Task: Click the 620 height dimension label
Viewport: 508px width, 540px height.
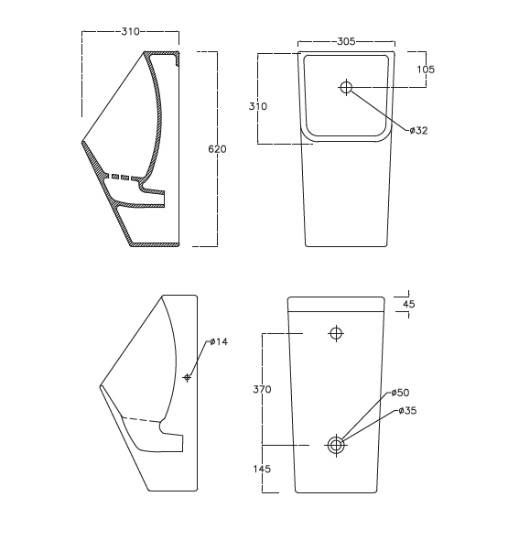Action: point(217,148)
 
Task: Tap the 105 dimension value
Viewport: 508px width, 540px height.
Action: point(426,70)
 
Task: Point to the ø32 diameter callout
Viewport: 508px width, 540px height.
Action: point(418,131)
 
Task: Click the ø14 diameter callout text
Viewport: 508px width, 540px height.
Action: point(219,341)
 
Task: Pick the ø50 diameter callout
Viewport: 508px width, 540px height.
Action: point(400,393)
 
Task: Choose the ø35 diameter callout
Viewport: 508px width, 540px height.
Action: point(406,411)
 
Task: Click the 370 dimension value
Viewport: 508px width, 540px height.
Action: point(262,389)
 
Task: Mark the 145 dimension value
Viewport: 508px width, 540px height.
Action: point(263,469)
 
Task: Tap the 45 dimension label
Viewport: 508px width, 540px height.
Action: point(408,305)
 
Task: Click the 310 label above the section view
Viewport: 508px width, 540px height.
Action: point(130,32)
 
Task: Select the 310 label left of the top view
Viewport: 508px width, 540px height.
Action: point(258,106)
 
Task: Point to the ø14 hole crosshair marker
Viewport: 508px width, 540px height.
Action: point(187,377)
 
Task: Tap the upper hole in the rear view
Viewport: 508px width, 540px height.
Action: point(336,333)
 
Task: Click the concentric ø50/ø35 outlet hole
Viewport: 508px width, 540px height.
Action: point(336,445)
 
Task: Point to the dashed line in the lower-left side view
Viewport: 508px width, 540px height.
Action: point(139,419)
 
